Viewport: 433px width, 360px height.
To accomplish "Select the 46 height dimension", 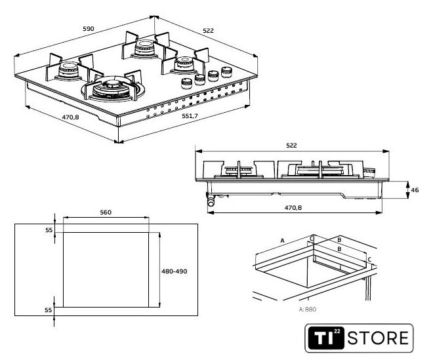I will point(415,190).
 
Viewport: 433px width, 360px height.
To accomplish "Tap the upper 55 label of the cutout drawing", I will point(49,230).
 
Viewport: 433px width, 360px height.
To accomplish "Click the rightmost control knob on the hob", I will point(227,71).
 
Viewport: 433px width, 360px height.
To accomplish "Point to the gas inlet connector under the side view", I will point(211,203).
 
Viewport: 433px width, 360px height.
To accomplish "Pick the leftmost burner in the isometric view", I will point(66,69).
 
